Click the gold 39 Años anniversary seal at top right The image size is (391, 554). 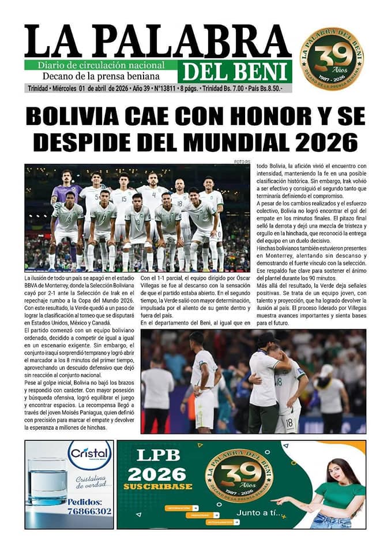(335, 59)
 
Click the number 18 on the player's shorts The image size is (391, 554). (290, 422)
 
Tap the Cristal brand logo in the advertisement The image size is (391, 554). (90, 454)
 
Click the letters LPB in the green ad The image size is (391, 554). (155, 455)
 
